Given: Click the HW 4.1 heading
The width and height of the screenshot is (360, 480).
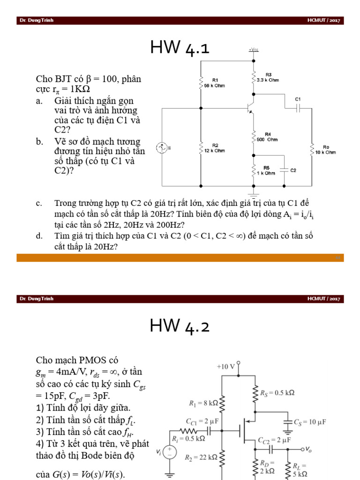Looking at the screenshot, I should point(180,48).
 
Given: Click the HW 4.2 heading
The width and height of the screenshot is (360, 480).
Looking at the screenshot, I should point(180,325).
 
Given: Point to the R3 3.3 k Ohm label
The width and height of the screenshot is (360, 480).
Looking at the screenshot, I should point(268,77).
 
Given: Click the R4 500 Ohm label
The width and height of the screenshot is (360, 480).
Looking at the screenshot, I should point(267,137).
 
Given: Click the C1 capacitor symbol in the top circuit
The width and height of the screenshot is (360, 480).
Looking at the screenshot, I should point(298,108).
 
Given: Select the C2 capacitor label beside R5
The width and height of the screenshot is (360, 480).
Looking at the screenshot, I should point(293,171).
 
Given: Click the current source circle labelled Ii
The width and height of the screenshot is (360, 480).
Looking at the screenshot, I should point(162,149).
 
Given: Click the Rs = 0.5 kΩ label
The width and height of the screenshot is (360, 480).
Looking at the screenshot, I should point(277,393).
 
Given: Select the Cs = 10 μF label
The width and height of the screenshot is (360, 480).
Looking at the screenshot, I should point(309,422).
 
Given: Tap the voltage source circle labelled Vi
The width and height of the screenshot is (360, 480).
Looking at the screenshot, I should point(170,453).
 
